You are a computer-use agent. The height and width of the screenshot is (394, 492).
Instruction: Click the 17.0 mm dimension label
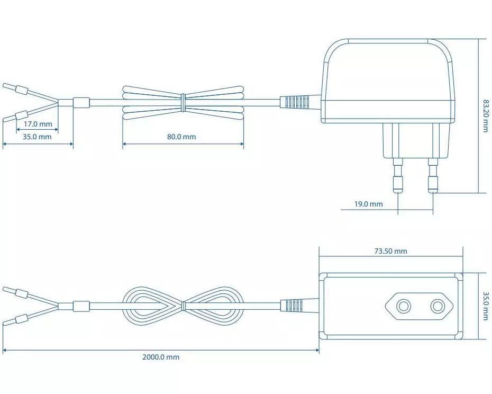click(38, 124)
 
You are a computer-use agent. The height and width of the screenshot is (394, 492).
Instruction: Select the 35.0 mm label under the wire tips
click(37, 137)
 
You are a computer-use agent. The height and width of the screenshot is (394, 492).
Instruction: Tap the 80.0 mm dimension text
click(181, 137)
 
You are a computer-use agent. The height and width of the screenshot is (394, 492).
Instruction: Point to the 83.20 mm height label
click(486, 116)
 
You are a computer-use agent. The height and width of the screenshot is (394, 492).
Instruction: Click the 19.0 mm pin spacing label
click(369, 204)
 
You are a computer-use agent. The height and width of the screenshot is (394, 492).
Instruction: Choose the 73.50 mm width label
click(390, 251)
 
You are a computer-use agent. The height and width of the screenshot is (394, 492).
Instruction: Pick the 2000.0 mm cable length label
click(161, 357)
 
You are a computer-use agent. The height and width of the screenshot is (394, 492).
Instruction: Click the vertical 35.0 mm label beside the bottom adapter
click(486, 306)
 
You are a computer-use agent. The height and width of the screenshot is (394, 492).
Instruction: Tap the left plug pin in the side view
click(398, 175)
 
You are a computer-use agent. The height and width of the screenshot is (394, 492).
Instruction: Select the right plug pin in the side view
click(433, 175)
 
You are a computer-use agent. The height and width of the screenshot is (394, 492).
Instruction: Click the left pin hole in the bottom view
click(403, 306)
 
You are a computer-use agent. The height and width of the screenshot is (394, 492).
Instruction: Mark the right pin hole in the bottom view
click(438, 306)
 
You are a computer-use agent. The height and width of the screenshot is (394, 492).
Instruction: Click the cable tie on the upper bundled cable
click(183, 102)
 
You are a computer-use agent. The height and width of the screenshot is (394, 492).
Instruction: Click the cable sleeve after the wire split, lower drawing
click(81, 306)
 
